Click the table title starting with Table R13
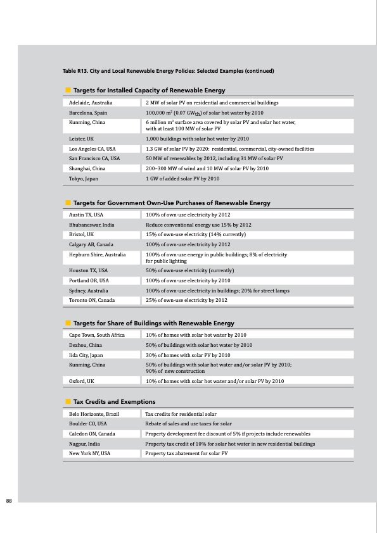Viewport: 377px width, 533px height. (167, 70)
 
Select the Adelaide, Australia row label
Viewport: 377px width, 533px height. (91, 102)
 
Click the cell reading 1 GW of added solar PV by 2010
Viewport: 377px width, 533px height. (182, 179)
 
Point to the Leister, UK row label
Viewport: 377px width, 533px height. (82, 138)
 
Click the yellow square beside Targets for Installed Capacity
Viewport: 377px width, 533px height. (67, 91)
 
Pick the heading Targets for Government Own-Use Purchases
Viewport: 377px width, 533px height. (172, 203)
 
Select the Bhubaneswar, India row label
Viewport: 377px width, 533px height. (92, 225)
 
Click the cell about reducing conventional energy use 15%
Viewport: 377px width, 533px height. (198, 225)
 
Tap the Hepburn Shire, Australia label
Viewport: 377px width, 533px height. (98, 254)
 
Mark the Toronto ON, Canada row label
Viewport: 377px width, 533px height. (92, 300)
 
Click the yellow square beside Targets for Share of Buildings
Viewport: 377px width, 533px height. (67, 323)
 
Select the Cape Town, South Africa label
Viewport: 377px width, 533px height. (97, 335)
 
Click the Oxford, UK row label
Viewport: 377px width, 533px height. (82, 381)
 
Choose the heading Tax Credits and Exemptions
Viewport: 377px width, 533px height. (114, 402)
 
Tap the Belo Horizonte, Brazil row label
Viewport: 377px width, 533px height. (95, 413)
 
